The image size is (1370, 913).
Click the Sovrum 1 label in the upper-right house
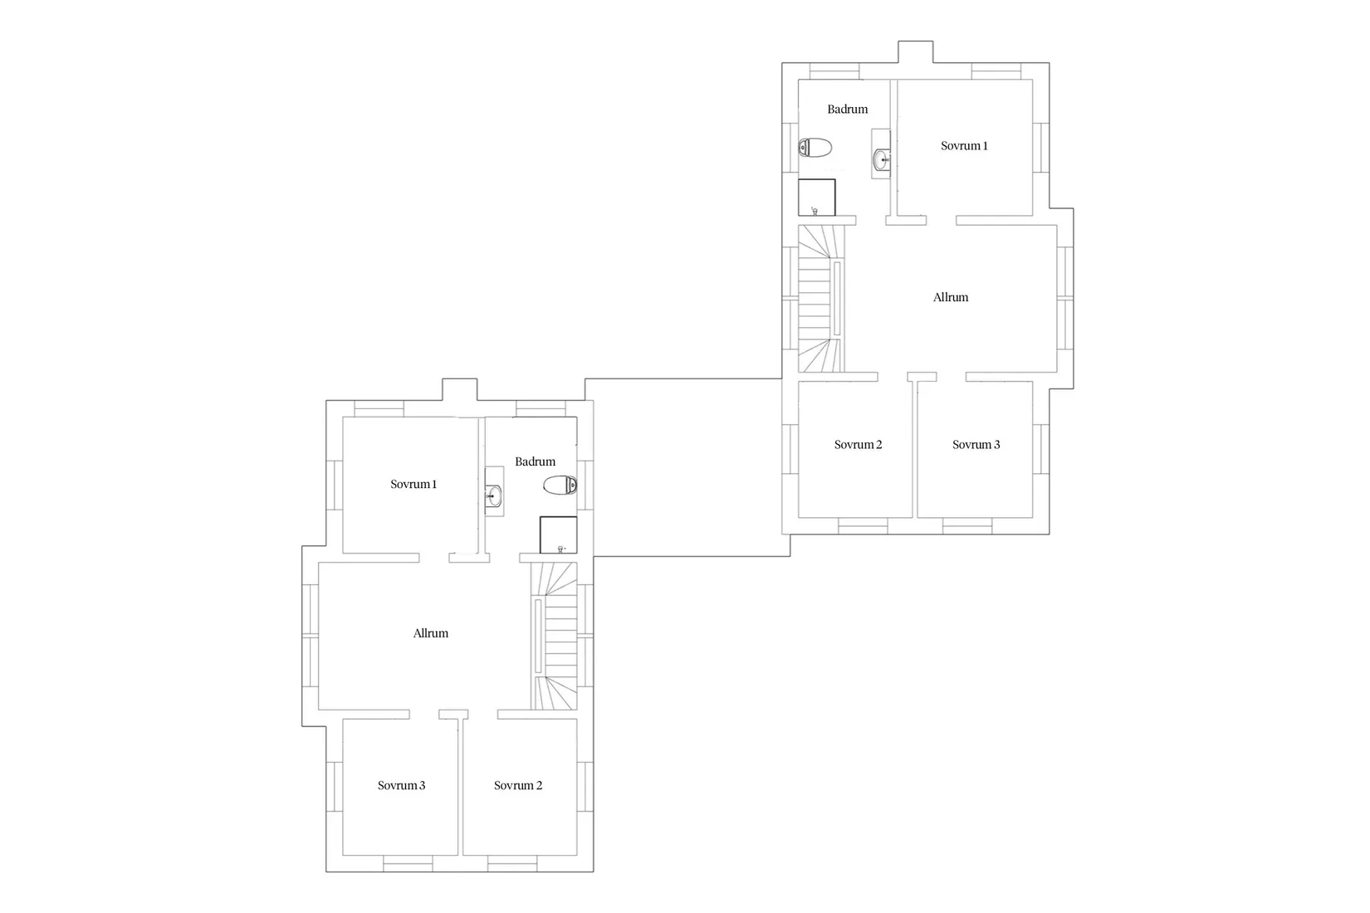point(964,145)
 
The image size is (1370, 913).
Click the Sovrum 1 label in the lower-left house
point(413,485)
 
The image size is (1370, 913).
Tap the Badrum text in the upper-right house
point(847,110)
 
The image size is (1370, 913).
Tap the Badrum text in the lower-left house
point(536,461)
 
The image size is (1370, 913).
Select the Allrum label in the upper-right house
point(951,297)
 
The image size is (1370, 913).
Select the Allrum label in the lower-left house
point(431,633)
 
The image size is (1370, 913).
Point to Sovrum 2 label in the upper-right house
point(858,445)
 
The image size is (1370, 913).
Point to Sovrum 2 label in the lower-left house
point(518,785)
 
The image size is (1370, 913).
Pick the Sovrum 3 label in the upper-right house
point(976,445)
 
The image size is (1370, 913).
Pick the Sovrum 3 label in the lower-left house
point(401,785)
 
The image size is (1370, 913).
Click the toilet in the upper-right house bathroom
point(815,148)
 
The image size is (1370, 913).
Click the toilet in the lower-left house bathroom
point(560,486)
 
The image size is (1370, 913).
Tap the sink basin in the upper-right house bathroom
point(881,159)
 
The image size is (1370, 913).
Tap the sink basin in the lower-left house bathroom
point(493,496)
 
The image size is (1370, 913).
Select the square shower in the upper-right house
point(816,197)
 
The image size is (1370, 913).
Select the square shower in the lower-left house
point(559,535)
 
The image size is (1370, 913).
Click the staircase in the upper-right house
point(821,299)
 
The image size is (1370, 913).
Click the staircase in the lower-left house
point(554,636)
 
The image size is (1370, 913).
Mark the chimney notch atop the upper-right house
point(916,51)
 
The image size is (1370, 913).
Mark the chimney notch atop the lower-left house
point(460,389)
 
